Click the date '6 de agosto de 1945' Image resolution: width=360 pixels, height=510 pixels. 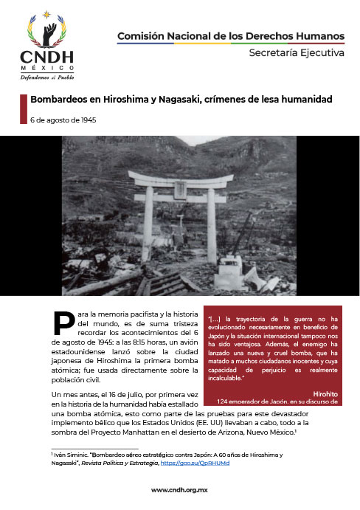pos(63,120)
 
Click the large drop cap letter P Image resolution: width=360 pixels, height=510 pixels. pos(63,323)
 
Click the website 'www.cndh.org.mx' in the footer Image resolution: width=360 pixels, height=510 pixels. pos(180,490)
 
